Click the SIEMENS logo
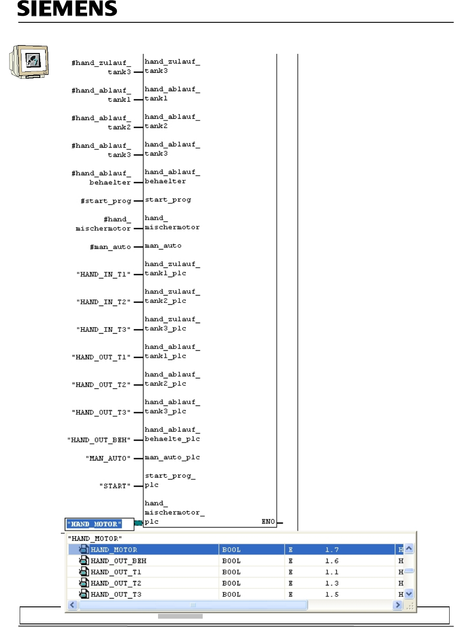[x=67, y=8]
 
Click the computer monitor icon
[x=29, y=61]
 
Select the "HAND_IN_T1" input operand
[x=103, y=275]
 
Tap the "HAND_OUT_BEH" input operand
[x=99, y=440]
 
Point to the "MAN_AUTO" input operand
[x=108, y=458]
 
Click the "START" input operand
[x=115, y=486]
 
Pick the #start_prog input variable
[x=106, y=201]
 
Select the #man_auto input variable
[x=110, y=247]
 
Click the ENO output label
[x=268, y=521]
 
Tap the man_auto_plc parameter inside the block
[x=172, y=457]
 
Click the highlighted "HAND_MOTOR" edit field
[x=94, y=524]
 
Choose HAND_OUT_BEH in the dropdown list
[x=118, y=561]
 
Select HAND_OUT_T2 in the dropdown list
[x=116, y=583]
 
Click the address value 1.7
[x=331, y=550]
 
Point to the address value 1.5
[x=331, y=595]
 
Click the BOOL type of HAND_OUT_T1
[x=231, y=572]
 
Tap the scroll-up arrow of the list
[x=409, y=549]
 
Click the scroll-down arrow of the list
[x=409, y=594]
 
